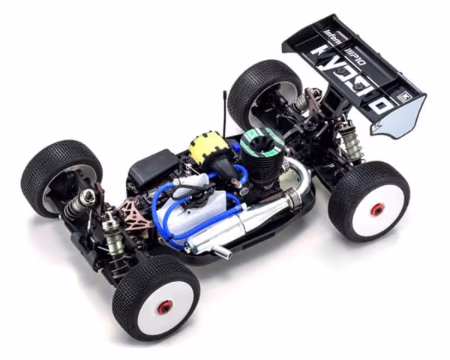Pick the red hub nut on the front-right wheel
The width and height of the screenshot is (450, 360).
click(x=164, y=306)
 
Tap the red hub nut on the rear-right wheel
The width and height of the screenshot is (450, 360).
click(x=377, y=208)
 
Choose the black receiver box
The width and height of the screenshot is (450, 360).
click(x=153, y=168)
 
